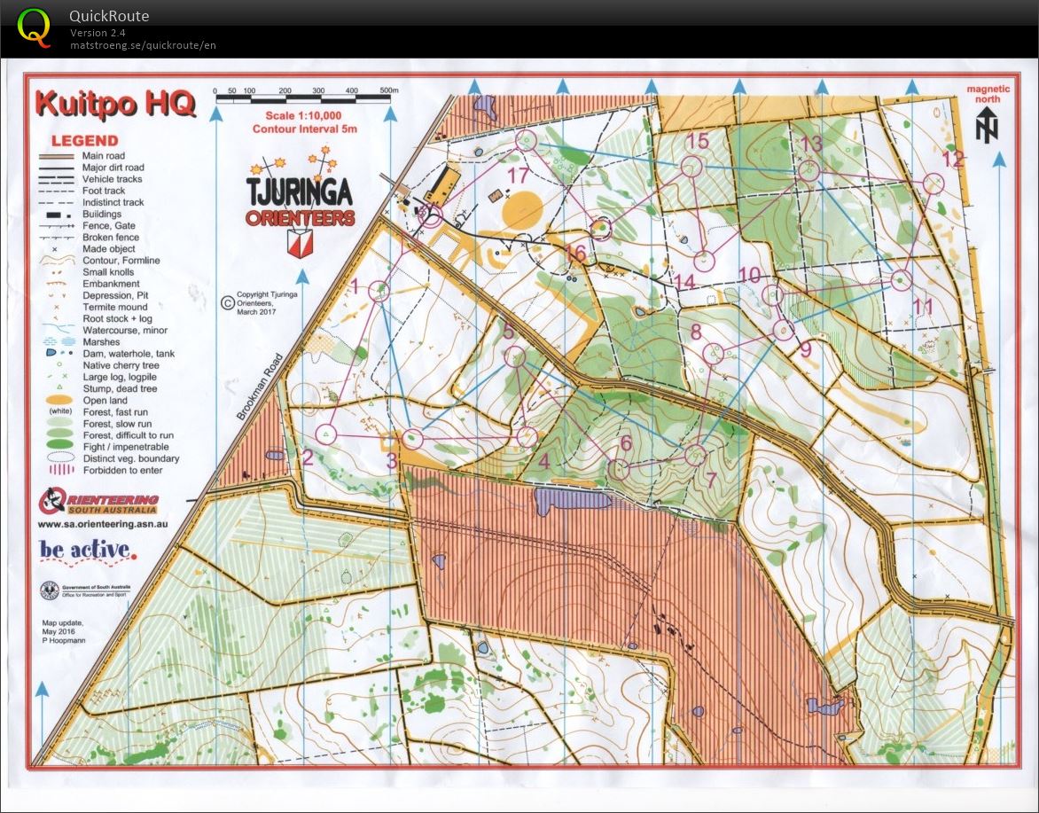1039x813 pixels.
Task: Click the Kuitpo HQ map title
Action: [x=115, y=104]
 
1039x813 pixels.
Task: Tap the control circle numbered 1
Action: [x=379, y=291]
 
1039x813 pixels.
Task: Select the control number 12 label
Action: [x=952, y=160]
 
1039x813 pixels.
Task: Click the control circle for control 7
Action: [x=696, y=456]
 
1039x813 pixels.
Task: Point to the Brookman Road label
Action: [x=260, y=387]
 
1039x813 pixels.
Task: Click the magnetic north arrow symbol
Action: [x=988, y=126]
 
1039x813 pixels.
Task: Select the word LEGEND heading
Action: [x=84, y=140]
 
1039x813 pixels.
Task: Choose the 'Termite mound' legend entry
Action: [x=116, y=307]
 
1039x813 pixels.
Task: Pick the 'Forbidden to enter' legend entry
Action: [x=121, y=470]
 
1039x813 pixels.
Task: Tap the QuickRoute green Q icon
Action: [x=34, y=27]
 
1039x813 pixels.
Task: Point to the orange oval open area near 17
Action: [x=522, y=210]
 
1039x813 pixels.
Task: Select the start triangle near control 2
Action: [x=327, y=434]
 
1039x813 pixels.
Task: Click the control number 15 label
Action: [x=698, y=141]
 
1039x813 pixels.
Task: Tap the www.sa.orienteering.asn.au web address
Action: [x=103, y=524]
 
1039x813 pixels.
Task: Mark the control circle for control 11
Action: [x=900, y=279]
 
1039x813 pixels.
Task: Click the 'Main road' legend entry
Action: [x=103, y=156]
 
